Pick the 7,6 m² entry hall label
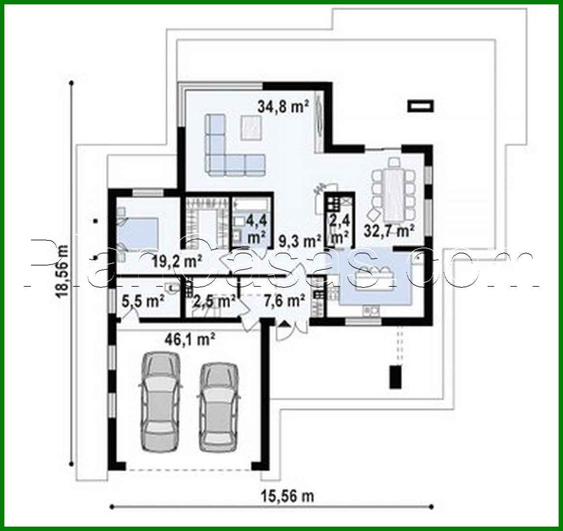pos(284,301)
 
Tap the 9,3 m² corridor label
pos(301,240)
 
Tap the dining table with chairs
pos(394,189)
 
